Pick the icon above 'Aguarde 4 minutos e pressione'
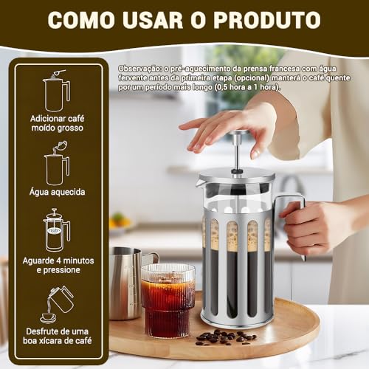coord(56,230)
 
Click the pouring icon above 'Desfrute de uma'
coord(56,303)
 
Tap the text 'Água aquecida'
coord(56,192)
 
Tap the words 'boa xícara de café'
coord(57,342)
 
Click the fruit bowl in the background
coord(120,221)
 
